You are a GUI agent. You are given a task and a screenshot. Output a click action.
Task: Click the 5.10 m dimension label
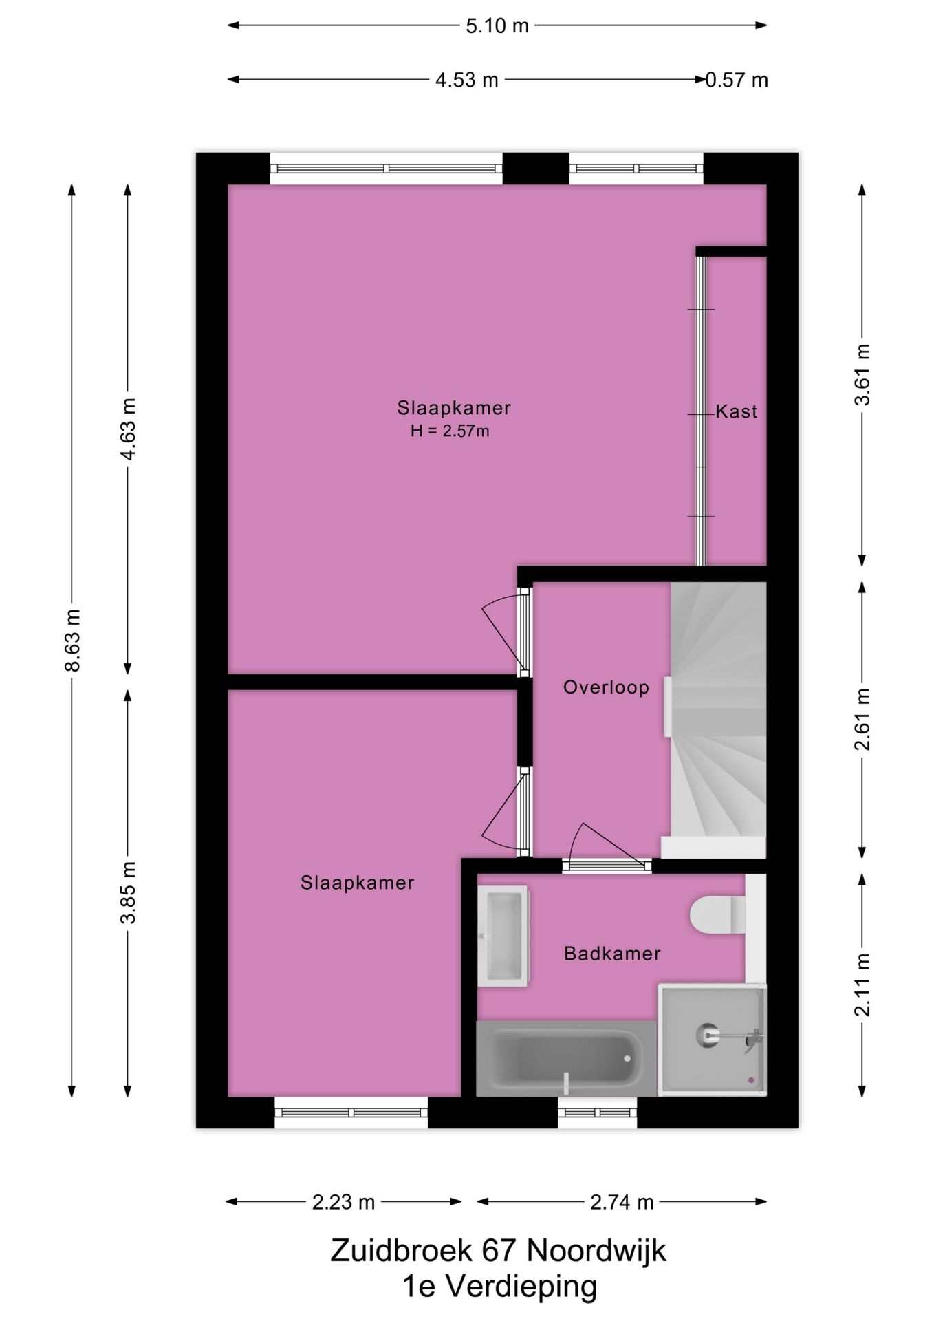point(497,26)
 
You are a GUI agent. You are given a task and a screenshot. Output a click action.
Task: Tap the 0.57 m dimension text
point(737,80)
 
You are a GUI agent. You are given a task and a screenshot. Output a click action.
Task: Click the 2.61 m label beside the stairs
point(862,718)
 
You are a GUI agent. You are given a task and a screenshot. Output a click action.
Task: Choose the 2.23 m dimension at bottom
point(343,1202)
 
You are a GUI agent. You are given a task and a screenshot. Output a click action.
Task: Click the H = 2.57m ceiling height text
point(450,431)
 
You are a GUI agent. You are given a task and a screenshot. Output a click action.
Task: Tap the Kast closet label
point(737,411)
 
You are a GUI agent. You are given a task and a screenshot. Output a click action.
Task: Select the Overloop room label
point(606,687)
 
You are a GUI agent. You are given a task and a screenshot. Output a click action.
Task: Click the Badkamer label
point(612,954)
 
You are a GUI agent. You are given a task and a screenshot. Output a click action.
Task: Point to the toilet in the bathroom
point(715,915)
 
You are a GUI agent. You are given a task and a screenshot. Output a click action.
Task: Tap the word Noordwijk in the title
point(596,1251)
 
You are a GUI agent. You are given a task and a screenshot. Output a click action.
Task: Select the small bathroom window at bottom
point(597,1113)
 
